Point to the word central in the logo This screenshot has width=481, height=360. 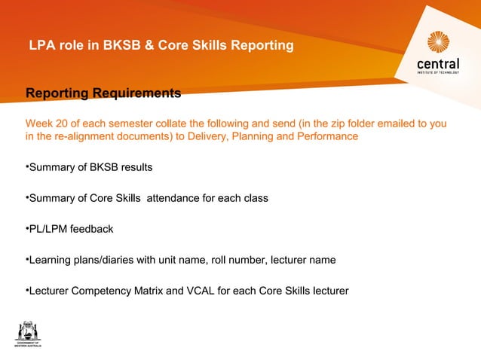pyautogui.click(x=438, y=66)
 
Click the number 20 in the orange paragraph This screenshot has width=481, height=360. pyautogui.click(x=62, y=124)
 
